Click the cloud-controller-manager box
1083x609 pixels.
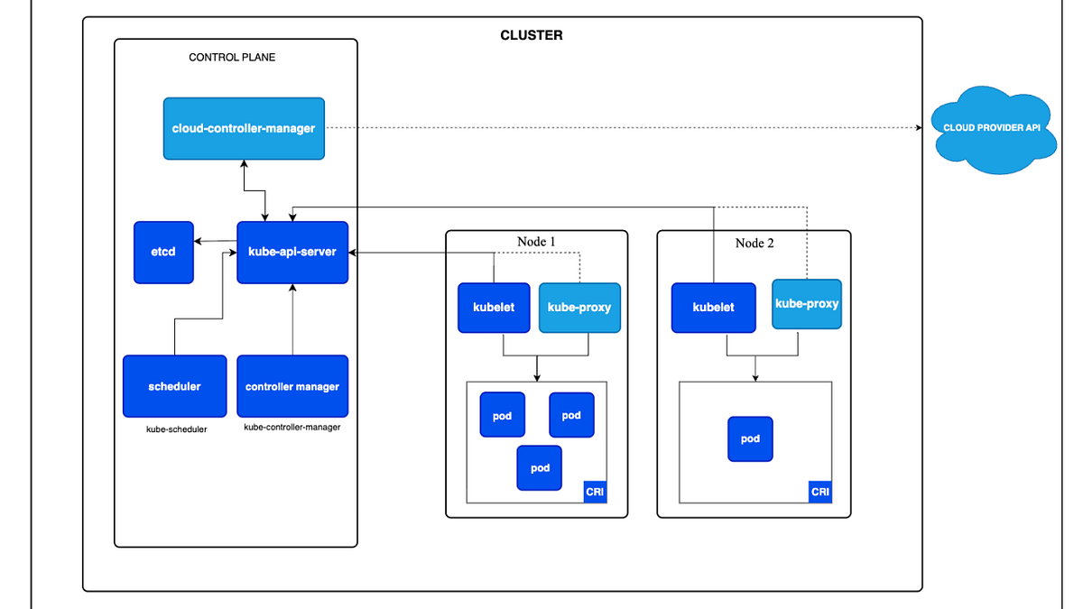[244, 128]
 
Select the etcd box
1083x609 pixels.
[163, 252]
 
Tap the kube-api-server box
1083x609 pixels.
[292, 252]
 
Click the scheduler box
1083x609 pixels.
[174, 386]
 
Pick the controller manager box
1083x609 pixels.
[292, 386]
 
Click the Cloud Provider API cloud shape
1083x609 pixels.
[992, 128]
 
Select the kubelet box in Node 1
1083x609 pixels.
[494, 308]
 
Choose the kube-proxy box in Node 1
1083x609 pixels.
[579, 308]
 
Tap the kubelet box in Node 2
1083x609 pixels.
[713, 308]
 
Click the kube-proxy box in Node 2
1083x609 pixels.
[807, 304]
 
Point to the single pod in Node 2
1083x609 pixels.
[750, 439]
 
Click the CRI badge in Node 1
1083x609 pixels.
[595, 492]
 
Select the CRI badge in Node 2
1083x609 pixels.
[819, 492]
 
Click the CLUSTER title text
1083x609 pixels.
[532, 36]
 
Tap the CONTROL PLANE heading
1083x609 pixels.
[232, 58]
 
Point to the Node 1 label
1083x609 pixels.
[536, 242]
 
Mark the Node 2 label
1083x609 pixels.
[754, 244]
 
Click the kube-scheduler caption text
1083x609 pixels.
[177, 429]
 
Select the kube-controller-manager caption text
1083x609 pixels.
[292, 427]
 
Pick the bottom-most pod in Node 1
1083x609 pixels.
[540, 468]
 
